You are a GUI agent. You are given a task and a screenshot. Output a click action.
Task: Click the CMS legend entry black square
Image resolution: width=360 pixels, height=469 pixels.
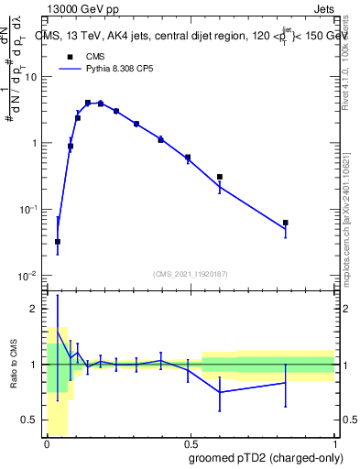[66, 56]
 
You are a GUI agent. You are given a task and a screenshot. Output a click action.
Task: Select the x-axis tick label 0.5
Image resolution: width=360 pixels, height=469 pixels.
[191, 444]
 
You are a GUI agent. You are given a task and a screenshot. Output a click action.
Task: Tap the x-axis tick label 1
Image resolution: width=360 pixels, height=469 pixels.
[334, 444]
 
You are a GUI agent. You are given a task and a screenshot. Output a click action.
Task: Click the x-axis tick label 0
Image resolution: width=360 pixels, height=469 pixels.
[47, 444]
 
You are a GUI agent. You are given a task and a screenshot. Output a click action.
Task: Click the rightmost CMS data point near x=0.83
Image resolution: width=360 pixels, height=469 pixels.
[286, 223]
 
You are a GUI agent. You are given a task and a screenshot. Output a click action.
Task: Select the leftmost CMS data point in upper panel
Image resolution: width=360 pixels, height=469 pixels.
[58, 242]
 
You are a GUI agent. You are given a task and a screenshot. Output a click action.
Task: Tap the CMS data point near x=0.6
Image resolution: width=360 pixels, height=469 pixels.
[220, 177]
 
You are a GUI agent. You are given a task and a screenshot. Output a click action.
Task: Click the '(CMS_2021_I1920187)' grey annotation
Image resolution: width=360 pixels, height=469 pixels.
[191, 273]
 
